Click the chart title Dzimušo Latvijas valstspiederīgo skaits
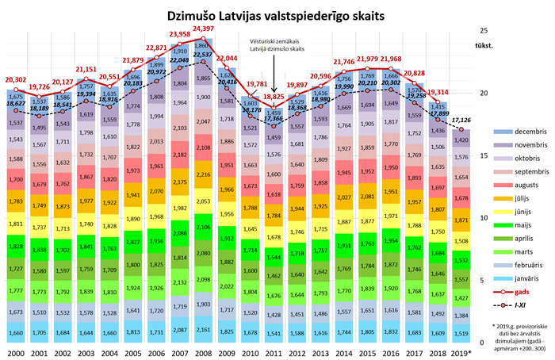click(x=277, y=16)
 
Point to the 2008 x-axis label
click(x=203, y=351)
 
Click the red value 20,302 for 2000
click(x=17, y=79)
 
